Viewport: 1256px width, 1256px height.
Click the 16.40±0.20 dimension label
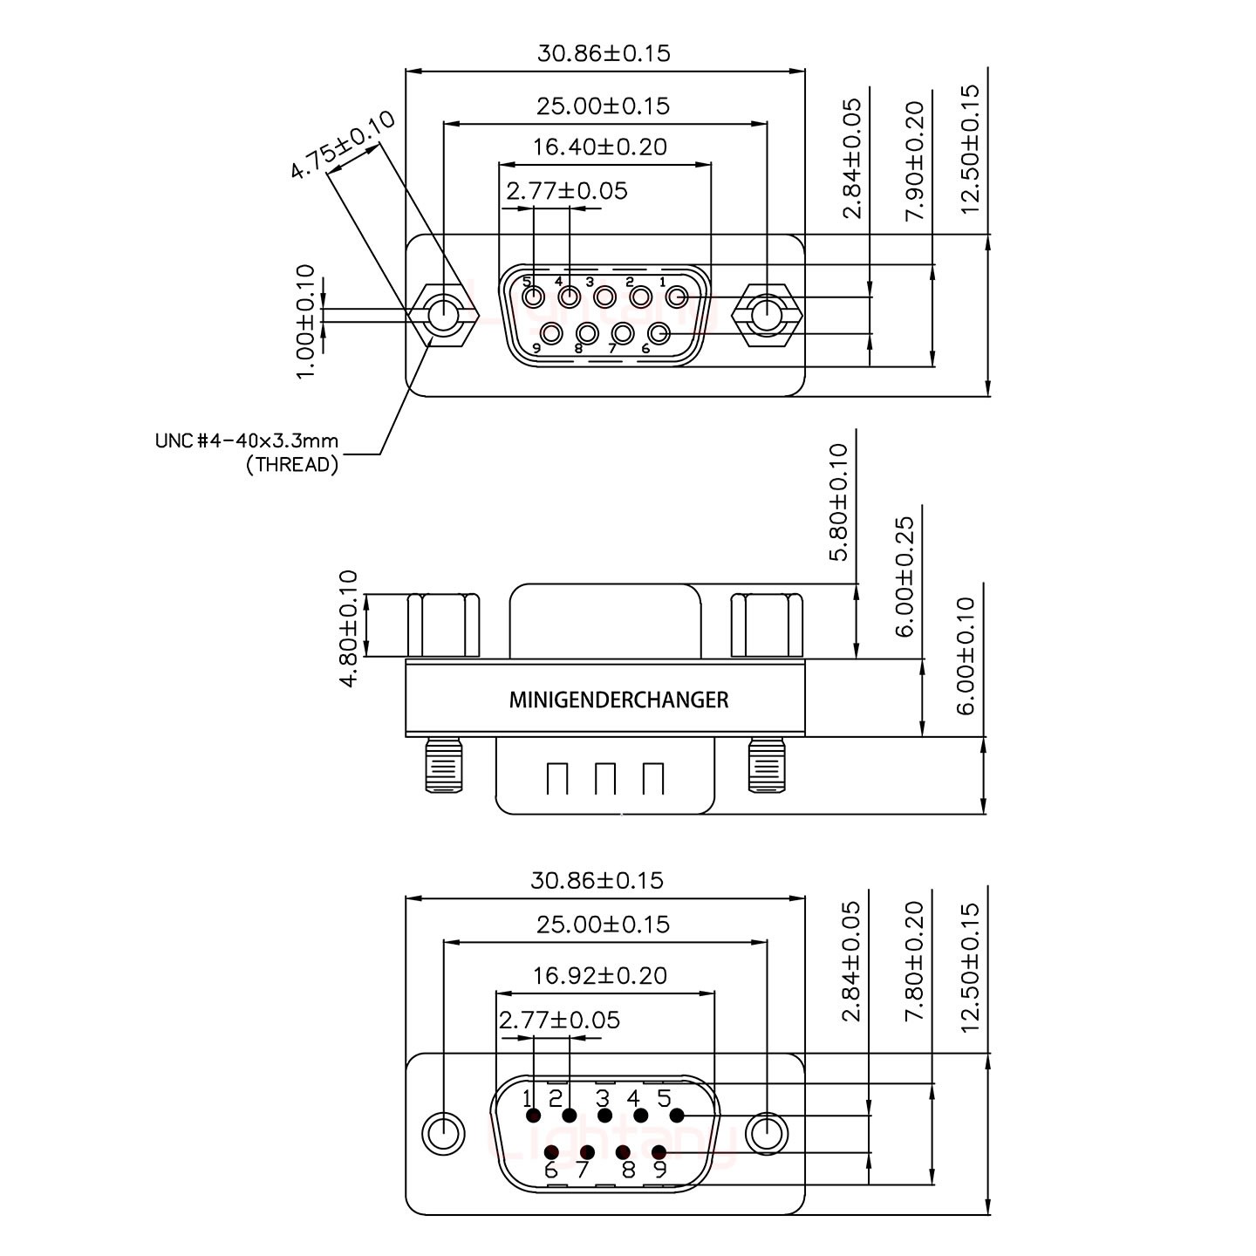point(600,147)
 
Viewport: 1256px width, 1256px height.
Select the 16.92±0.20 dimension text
point(600,975)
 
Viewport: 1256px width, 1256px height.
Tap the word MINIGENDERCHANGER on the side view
point(618,700)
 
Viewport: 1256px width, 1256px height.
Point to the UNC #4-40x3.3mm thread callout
point(247,452)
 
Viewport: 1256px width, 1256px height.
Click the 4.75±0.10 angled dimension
point(342,146)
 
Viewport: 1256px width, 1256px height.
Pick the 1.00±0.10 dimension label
point(304,322)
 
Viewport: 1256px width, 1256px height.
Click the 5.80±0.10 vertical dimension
point(838,502)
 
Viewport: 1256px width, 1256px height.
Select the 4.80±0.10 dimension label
point(348,628)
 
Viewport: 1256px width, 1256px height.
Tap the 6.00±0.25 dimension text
point(904,577)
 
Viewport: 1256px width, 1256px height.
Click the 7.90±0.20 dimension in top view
point(914,161)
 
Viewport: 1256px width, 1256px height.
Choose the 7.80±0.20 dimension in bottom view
point(914,962)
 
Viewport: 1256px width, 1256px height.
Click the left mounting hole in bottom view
point(444,1135)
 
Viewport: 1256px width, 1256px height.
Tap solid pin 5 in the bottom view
point(677,1116)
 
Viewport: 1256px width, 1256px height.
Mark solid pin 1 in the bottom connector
point(533,1116)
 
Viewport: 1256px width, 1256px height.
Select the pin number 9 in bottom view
point(659,1170)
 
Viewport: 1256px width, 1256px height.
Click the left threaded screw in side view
point(444,765)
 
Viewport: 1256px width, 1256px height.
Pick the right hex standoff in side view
point(767,625)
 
